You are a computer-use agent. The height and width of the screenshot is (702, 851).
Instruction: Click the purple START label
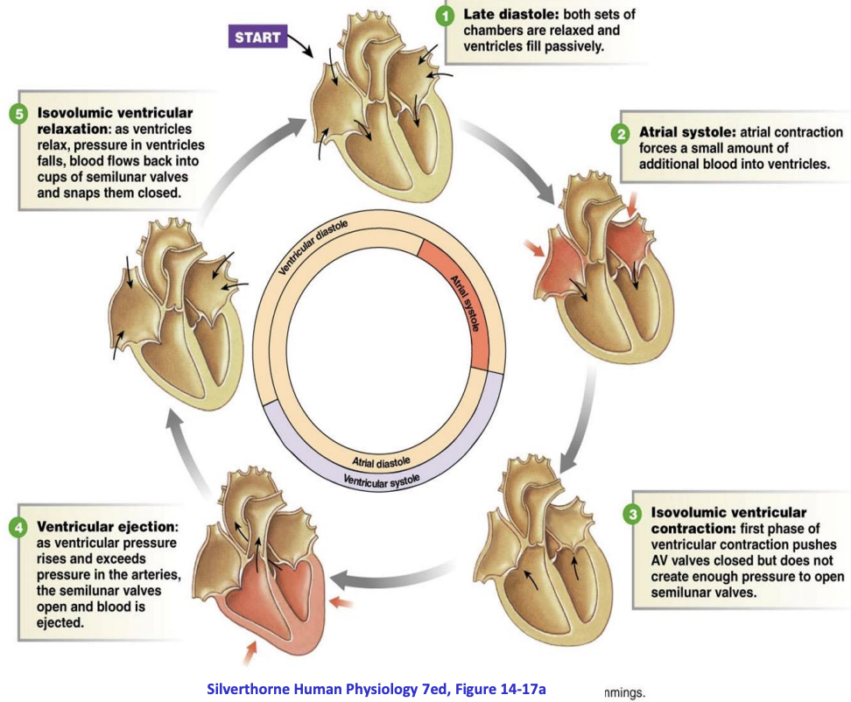[258, 37]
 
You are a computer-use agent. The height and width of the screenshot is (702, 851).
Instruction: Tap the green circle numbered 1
[447, 16]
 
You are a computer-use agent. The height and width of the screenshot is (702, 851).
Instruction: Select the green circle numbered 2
[619, 134]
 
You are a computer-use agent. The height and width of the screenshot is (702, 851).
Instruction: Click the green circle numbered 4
[18, 527]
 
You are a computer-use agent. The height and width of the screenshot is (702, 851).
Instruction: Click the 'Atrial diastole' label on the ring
[381, 461]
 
